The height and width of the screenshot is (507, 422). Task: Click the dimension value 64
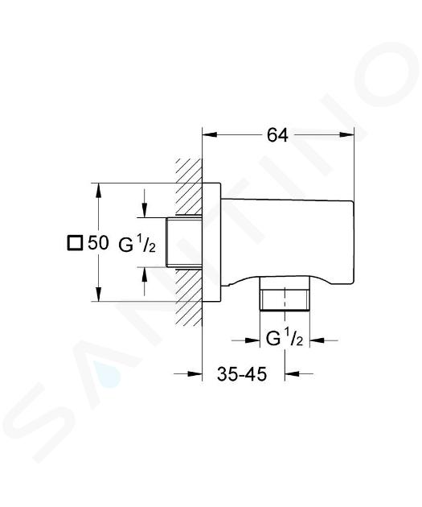[x=277, y=135]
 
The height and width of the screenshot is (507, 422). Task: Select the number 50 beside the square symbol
[x=99, y=243]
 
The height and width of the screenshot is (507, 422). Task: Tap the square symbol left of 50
[x=75, y=243]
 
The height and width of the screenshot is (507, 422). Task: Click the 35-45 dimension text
[x=242, y=374]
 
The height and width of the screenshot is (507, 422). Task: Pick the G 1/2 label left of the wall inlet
[x=137, y=245]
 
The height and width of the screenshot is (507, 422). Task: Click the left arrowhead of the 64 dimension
[x=209, y=135]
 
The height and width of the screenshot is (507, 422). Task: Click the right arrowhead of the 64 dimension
[x=346, y=135]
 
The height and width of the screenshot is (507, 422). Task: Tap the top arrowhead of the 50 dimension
[x=99, y=191]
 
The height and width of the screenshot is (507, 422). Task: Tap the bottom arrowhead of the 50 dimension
[x=99, y=295]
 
